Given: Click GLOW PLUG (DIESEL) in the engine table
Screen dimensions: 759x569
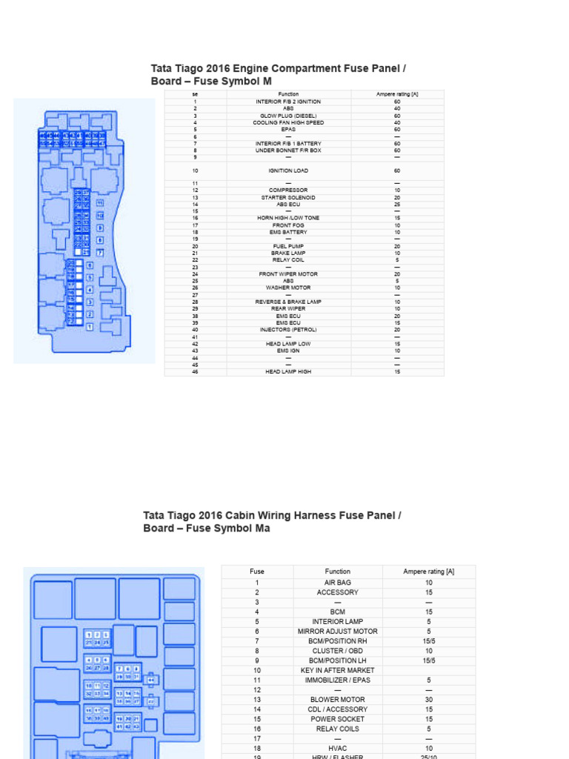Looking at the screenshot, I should [288, 116].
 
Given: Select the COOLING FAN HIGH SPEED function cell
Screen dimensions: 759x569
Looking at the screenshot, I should [288, 122].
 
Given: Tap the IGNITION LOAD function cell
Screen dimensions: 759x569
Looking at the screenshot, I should [288, 170].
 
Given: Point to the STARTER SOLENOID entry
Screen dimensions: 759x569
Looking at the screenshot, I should [288, 198].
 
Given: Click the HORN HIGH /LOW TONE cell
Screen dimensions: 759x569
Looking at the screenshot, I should [288, 218].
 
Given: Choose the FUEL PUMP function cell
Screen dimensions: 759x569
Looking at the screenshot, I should [288, 246].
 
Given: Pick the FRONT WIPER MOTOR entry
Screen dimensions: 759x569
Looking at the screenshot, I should [288, 274].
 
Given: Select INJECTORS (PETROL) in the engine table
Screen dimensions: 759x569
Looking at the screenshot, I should [288, 329].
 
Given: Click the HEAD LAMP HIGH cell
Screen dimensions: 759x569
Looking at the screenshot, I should [288, 371].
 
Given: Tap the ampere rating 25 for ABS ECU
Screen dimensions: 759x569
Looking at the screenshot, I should [397, 205].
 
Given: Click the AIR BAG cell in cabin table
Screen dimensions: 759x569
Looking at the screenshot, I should [337, 583].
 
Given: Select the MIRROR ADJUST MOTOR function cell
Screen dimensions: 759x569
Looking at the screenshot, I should [337, 632].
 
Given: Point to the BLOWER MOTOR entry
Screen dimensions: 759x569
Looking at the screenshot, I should [337, 700].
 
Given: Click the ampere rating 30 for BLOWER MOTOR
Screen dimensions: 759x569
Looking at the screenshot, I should [428, 700].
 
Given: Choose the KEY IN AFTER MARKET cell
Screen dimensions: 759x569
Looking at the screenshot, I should [337, 670].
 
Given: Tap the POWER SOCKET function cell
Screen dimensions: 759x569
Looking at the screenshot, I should [337, 719].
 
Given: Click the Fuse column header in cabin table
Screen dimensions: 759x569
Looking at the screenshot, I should [257, 571].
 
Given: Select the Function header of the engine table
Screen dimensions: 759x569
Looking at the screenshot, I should [288, 94].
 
